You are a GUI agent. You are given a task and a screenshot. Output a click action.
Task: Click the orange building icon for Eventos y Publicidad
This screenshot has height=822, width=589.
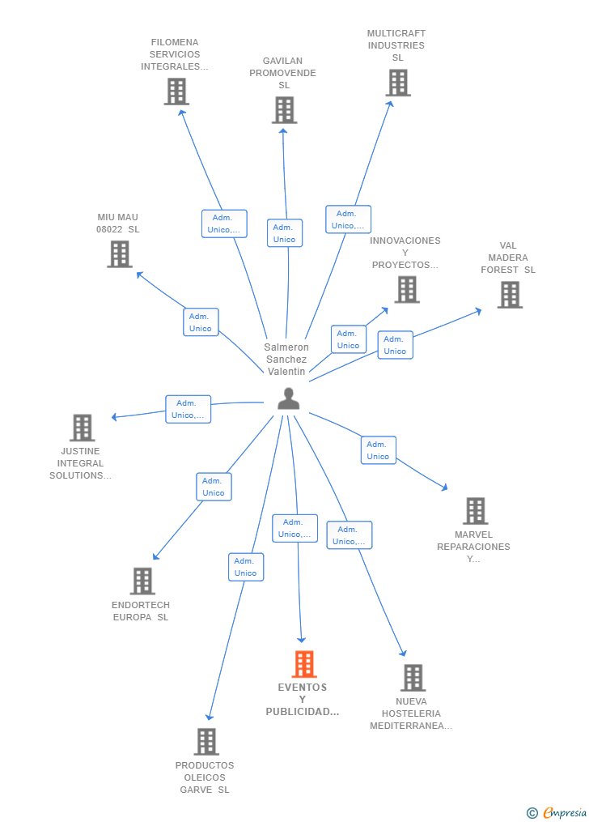coord(304,664)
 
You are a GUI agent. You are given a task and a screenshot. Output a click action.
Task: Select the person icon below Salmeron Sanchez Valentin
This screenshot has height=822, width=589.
coord(289,398)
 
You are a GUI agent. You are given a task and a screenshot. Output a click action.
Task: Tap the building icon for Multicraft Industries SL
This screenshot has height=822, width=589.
coord(398,83)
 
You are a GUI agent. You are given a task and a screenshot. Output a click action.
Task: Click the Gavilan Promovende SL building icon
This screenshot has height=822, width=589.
coord(284,110)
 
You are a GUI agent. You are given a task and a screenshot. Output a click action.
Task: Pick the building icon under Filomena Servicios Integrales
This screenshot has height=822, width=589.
coord(176,92)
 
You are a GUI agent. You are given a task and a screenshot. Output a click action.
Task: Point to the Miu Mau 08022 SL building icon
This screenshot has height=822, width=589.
coord(120,254)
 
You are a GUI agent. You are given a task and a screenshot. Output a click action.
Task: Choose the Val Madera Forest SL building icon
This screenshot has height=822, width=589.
coord(510,295)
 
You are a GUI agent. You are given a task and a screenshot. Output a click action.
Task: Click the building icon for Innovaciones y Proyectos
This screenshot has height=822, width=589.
coord(407,289)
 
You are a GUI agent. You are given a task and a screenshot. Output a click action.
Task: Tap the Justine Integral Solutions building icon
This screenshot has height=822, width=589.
coord(83,428)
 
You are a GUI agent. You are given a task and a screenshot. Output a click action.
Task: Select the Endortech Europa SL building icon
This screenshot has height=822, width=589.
coord(142,581)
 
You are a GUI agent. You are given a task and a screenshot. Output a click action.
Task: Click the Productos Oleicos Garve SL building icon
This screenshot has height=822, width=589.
coord(206,742)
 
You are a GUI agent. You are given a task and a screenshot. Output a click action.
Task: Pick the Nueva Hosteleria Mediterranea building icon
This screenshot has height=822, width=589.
coord(413,678)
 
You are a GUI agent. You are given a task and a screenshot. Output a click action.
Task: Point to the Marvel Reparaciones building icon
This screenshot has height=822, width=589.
coord(476,511)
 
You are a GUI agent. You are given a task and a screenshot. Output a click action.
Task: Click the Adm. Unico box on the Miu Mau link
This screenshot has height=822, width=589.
coord(201,322)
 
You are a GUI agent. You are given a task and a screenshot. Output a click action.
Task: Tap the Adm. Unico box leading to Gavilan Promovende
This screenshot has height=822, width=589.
coord(285,233)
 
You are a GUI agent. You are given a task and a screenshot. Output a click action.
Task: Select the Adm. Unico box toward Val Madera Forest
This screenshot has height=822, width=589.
coord(396,345)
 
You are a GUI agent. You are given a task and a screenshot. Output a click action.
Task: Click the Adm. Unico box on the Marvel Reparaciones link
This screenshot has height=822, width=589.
coord(379,450)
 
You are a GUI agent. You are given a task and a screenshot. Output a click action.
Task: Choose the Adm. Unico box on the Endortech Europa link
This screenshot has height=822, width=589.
coord(214,487)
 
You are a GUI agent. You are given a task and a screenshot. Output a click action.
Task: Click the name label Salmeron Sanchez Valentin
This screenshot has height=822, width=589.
coord(286,359)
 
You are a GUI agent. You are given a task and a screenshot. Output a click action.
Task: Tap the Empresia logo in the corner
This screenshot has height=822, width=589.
coord(557,813)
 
